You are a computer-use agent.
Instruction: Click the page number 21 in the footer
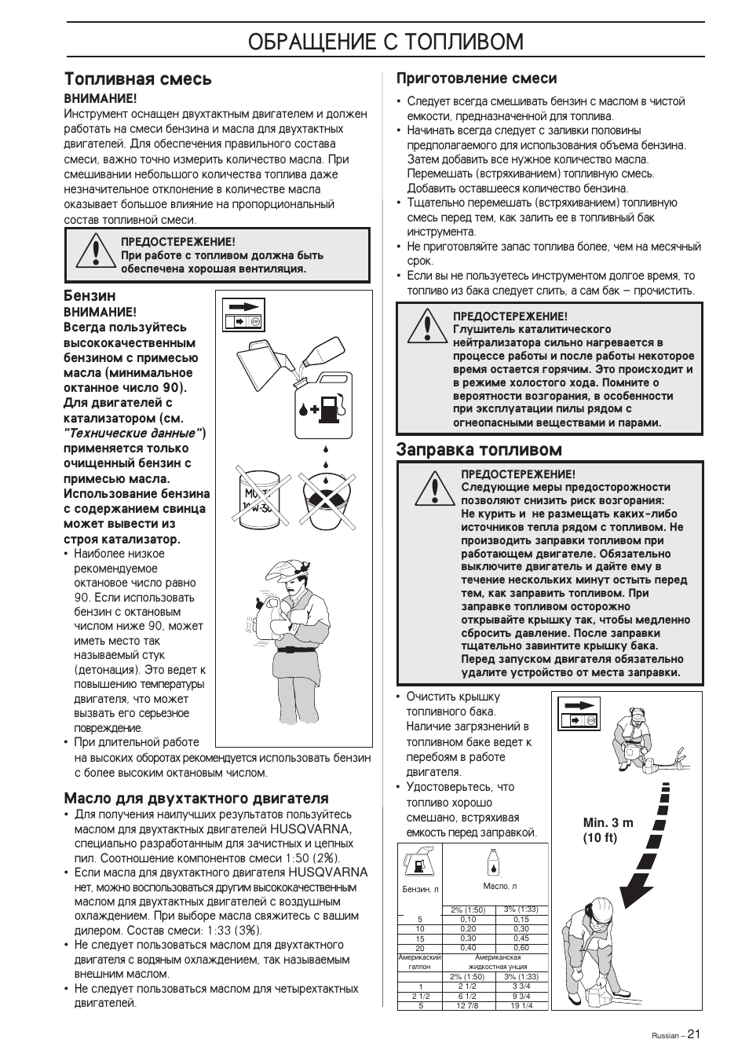point(693,1034)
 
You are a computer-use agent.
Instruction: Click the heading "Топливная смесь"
point(137,79)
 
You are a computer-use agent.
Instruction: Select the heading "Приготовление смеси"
point(476,79)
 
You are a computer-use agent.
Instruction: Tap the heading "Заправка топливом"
point(479,450)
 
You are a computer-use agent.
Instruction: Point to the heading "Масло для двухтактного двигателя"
point(196,798)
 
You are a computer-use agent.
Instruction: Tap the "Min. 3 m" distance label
point(608,822)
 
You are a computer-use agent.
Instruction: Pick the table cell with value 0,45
point(521,938)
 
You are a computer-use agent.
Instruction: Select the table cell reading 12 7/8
point(467,1005)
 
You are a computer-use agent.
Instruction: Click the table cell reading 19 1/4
point(521,1005)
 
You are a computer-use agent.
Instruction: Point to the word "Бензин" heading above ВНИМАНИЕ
point(90,296)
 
